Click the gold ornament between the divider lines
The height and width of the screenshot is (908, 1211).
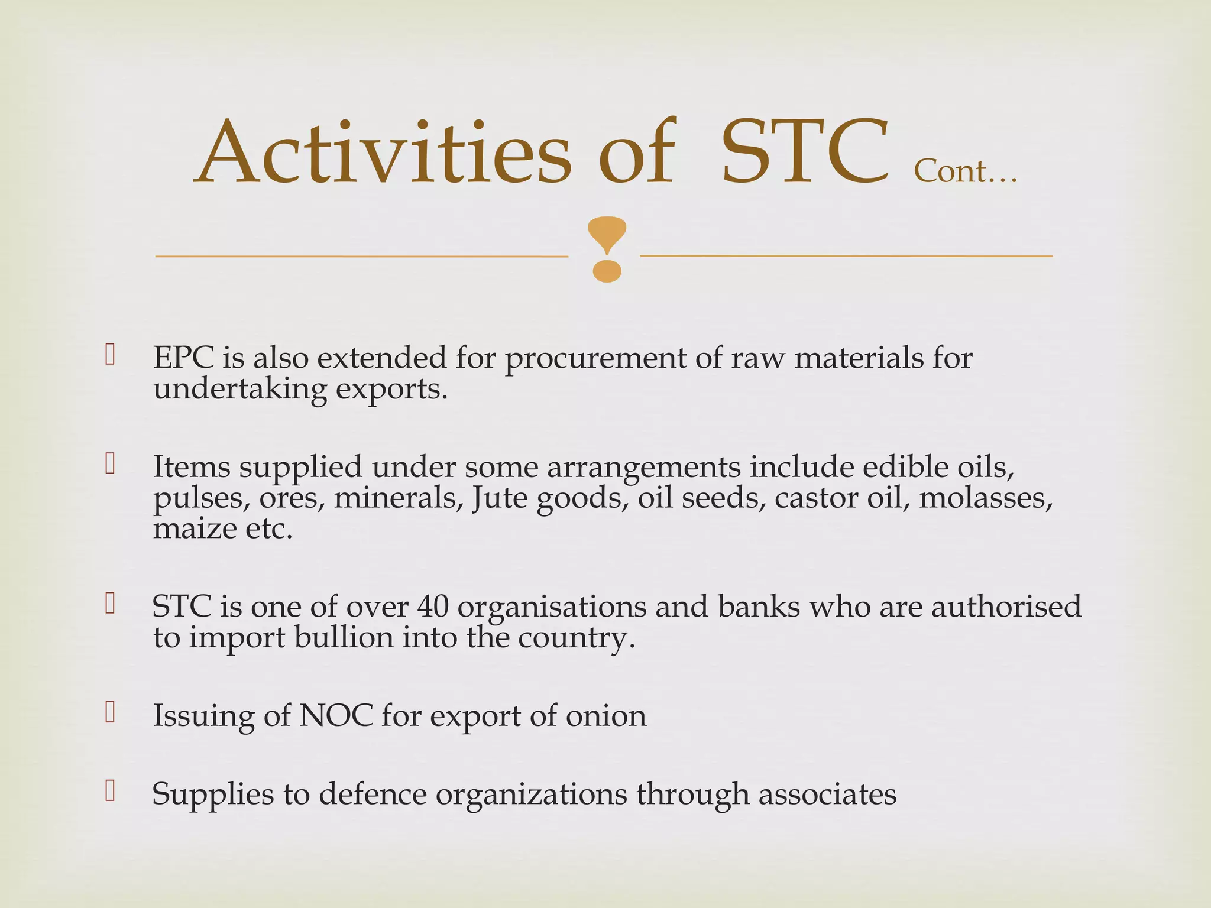click(607, 249)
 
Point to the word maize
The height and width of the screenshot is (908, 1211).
click(195, 528)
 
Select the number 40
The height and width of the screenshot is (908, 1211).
click(433, 607)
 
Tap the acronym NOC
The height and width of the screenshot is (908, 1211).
click(336, 716)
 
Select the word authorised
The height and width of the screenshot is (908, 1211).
click(1006, 607)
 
